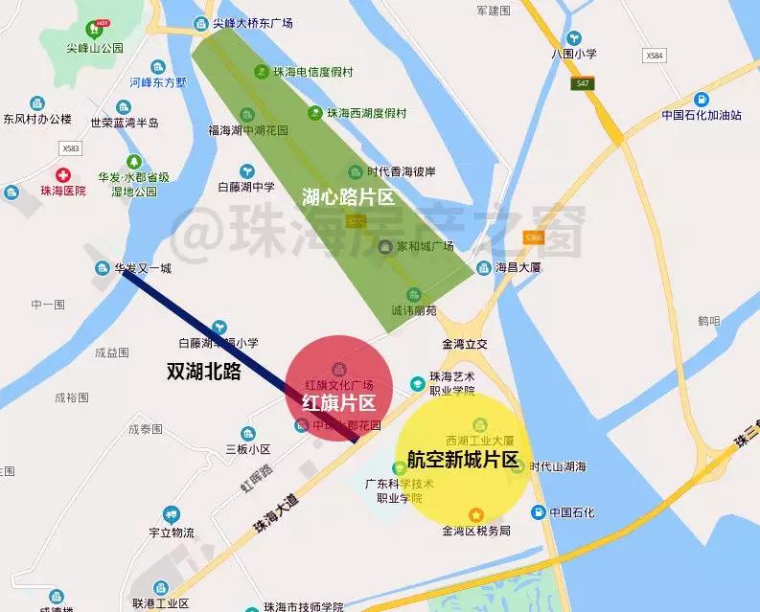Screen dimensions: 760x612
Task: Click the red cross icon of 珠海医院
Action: point(63,174)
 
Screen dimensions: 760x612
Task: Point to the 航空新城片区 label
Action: point(462,458)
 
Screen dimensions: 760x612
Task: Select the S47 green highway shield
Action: point(581,84)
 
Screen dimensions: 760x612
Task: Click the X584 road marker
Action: point(655,56)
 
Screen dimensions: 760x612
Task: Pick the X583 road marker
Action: point(70,148)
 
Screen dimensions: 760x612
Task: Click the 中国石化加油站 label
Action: point(702,115)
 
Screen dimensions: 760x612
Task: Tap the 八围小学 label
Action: point(574,54)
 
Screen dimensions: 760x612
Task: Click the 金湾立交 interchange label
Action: point(465,343)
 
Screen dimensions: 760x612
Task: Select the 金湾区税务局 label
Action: point(476,531)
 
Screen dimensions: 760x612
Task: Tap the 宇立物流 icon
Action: point(172,513)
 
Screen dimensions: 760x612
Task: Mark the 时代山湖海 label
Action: point(558,466)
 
